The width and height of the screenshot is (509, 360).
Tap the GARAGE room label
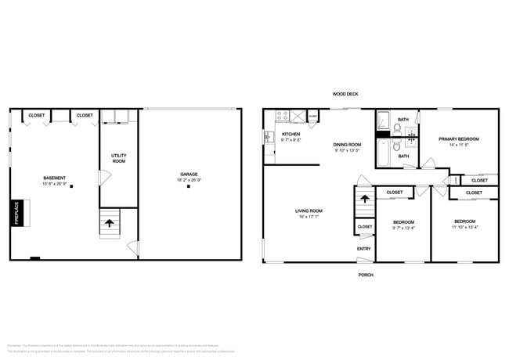point(189,175)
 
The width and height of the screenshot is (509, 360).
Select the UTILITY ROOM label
point(118,158)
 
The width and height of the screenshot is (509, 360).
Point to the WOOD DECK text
point(345,94)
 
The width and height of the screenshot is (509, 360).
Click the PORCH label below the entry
point(365,275)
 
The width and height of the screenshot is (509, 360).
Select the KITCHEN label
point(291,134)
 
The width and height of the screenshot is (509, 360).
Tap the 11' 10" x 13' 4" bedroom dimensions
point(464,228)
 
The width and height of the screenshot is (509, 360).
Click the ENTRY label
point(364,249)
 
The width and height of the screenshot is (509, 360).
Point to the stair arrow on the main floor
point(363,200)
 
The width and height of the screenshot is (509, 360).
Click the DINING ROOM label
point(347,145)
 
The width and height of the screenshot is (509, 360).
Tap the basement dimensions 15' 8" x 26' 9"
point(54,184)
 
